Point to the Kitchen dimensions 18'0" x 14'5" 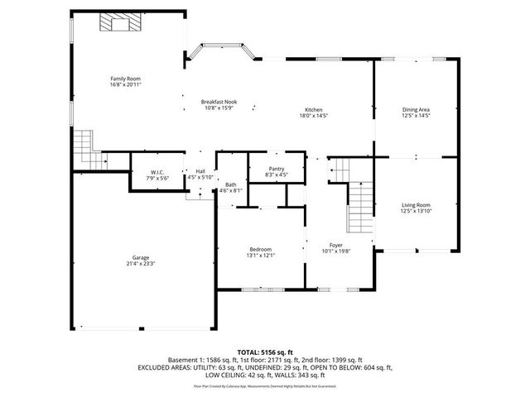[313, 116]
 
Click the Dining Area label [416, 110]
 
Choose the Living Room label [416, 204]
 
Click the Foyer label [336, 245]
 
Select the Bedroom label [261, 249]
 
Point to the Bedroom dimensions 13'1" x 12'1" [261, 256]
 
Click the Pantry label [277, 168]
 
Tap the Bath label [230, 184]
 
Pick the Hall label [200, 170]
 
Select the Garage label [141, 257]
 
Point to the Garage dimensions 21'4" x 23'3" [141, 264]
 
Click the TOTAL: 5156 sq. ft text [264, 352]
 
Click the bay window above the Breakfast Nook [219, 52]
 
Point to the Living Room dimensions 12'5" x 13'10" [416, 211]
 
